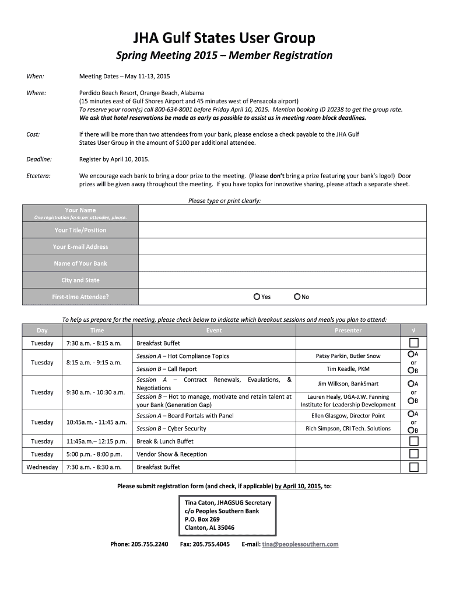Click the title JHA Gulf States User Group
click(224, 38)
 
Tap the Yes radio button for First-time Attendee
click(257, 297)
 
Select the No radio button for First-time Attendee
click(297, 297)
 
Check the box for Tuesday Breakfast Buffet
click(413, 343)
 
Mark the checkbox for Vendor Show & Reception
click(413, 454)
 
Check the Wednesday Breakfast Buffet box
click(413, 467)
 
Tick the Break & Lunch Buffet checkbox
click(413, 441)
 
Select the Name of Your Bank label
click(80, 263)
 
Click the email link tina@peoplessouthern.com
click(300, 544)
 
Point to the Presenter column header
click(348, 331)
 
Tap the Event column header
click(214, 331)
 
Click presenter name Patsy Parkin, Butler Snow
click(348, 356)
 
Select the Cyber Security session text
click(171, 429)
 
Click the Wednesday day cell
click(42, 467)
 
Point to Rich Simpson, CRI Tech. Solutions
click(348, 429)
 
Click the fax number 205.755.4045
click(205, 544)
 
